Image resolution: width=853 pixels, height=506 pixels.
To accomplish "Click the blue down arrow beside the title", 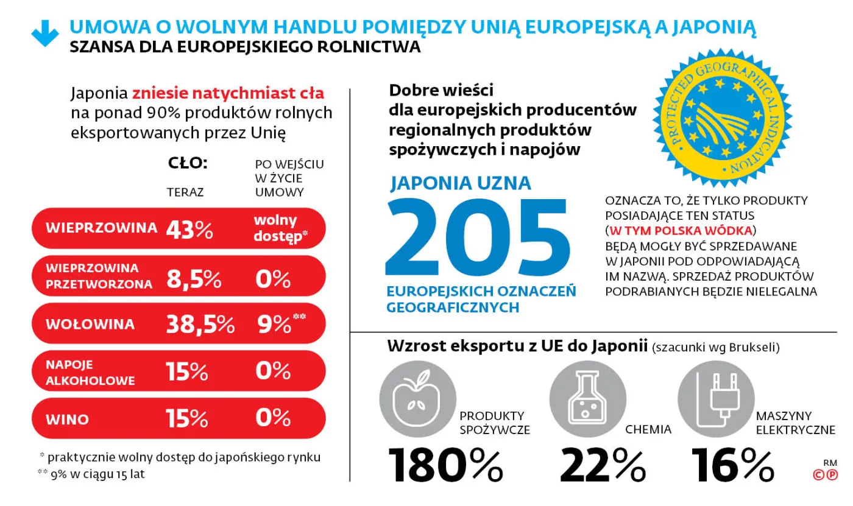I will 45,35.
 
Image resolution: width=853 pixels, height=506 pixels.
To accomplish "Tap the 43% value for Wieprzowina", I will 189,229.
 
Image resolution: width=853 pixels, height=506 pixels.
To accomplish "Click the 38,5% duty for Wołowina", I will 200,325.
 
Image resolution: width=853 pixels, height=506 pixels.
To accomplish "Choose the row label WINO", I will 67,420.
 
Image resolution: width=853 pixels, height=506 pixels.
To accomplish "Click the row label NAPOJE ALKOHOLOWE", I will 90,372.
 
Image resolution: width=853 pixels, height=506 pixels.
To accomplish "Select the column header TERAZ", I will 185,192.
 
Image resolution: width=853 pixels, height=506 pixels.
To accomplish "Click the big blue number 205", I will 478,238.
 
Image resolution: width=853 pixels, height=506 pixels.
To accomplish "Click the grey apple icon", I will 417,399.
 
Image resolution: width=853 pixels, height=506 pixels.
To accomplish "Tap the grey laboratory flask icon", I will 587,399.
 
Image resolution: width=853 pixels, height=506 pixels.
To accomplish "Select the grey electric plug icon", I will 716,399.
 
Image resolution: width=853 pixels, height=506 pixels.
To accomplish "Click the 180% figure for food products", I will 445,466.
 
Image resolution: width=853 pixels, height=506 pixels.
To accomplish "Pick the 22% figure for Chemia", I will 602,466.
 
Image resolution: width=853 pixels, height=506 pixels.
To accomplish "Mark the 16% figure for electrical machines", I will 733,466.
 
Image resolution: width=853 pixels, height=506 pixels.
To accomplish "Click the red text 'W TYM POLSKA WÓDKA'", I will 681,231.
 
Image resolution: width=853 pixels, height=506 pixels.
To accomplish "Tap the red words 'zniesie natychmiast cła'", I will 228,94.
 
